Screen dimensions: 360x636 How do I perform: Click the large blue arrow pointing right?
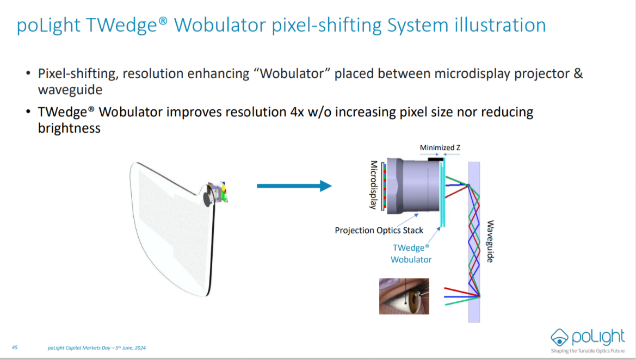tap(294, 186)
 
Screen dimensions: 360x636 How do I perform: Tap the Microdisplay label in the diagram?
tap(374, 185)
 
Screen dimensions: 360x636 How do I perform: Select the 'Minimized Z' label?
tap(440, 147)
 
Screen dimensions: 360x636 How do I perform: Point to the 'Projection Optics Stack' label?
tap(379, 230)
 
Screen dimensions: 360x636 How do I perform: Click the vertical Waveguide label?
tap(490, 241)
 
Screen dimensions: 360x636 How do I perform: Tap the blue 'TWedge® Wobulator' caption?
tap(411, 253)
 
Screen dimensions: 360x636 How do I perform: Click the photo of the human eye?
tap(404, 296)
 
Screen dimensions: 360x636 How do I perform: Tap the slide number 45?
tap(15, 347)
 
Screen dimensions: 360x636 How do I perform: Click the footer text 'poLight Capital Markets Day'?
tap(82, 347)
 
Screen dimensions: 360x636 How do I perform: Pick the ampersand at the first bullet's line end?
tap(578, 74)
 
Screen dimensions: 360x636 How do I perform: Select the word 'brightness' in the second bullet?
tap(69, 128)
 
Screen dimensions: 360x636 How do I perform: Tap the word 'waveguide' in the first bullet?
tap(70, 90)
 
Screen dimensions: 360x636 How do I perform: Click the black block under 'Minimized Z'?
tap(435, 159)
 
